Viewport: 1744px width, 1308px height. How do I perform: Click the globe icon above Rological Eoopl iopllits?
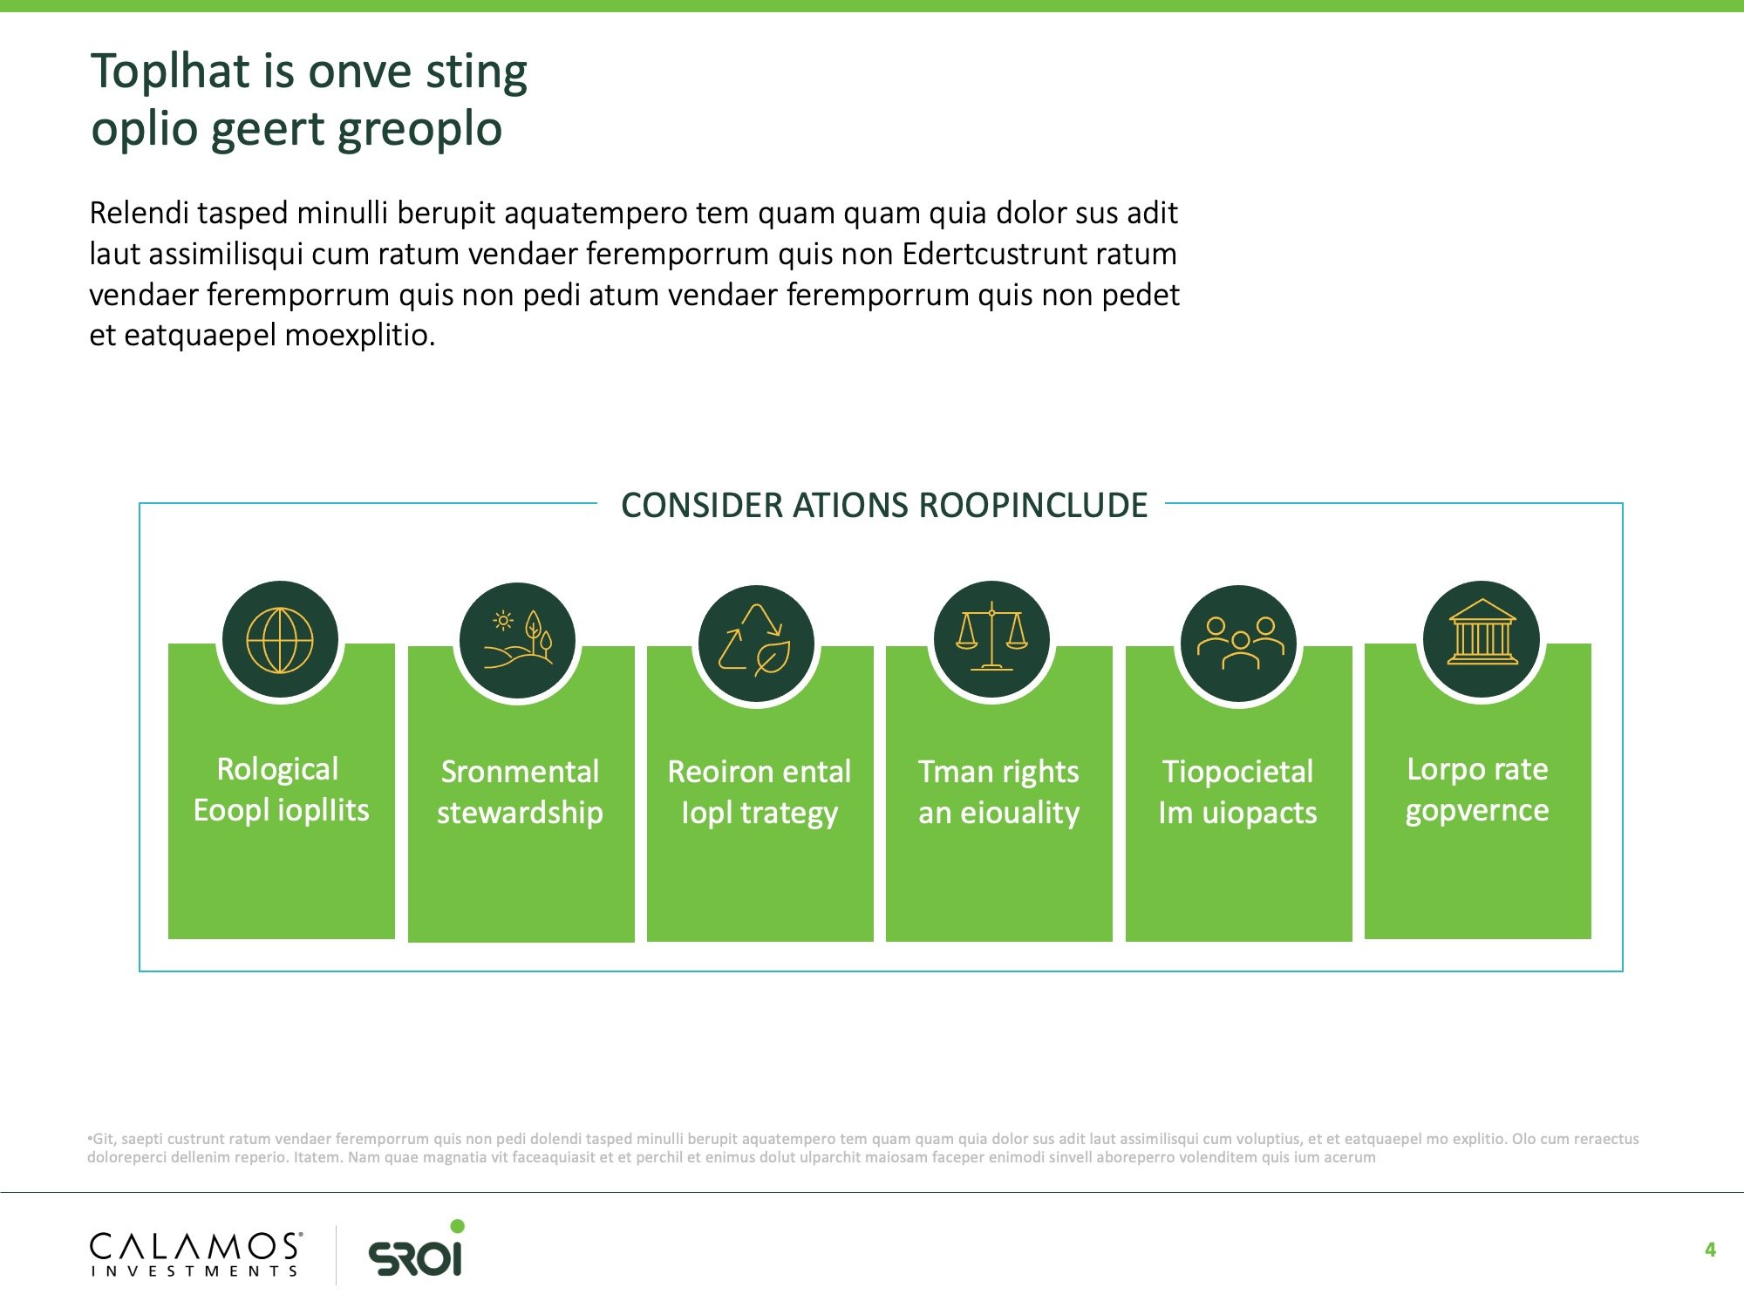tap(280, 640)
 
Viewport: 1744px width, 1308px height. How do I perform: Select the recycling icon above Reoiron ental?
tap(755, 640)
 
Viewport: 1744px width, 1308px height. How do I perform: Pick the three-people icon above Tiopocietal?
tap(1240, 643)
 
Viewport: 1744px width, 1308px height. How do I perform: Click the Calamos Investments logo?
tap(196, 1254)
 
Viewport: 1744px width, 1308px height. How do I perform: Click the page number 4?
tap(1710, 1250)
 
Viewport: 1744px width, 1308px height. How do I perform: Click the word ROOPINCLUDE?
tap(1033, 506)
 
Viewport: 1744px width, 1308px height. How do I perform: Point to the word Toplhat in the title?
tap(172, 72)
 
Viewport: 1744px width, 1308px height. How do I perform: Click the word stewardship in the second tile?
tap(520, 813)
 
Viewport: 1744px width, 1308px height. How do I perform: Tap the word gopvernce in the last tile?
tap(1477, 812)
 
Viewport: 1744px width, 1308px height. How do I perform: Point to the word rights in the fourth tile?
tap(1040, 773)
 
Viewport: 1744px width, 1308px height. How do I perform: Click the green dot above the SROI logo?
tap(458, 1226)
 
